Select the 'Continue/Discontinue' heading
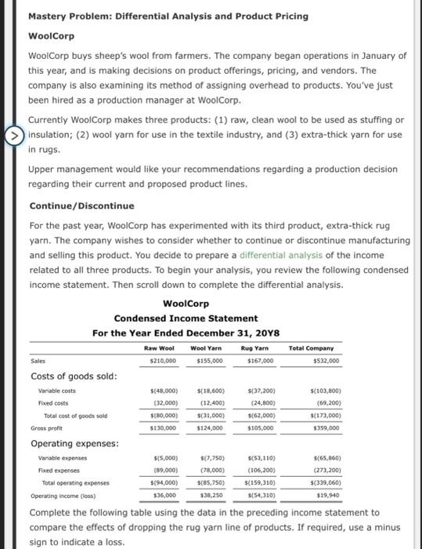pyautogui.click(x=70, y=205)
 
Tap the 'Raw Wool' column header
pyautogui.click(x=161, y=347)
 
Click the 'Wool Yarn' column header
pyautogui.click(x=207, y=347)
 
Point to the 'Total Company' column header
pyautogui.click(x=311, y=347)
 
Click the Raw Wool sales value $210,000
pyautogui.click(x=162, y=361)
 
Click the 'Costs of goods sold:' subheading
pyautogui.click(x=74, y=376)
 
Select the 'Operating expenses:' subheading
pyautogui.click(x=73, y=444)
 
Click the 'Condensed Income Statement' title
pyautogui.click(x=186, y=318)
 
